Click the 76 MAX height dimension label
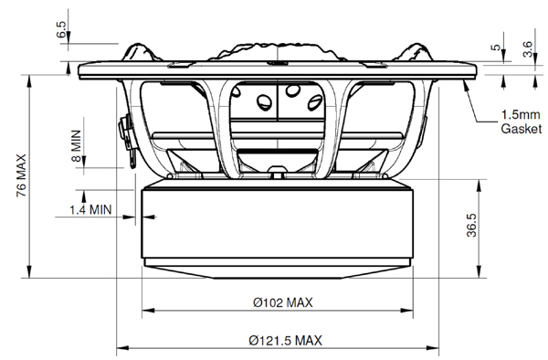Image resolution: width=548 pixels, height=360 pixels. (x=21, y=175)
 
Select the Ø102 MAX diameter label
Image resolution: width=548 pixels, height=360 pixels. (x=283, y=302)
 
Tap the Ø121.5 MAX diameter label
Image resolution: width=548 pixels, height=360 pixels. (x=286, y=341)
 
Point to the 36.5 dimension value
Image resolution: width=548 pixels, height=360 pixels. (x=471, y=226)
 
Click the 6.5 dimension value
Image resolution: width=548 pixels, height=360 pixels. (x=60, y=30)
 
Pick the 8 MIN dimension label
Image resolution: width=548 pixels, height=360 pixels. (x=76, y=146)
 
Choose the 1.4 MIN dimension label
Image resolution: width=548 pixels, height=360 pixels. (x=90, y=210)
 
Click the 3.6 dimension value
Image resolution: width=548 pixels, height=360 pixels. (x=527, y=49)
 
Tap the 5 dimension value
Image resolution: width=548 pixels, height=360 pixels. (x=496, y=48)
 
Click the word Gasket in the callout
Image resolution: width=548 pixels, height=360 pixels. (x=522, y=129)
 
